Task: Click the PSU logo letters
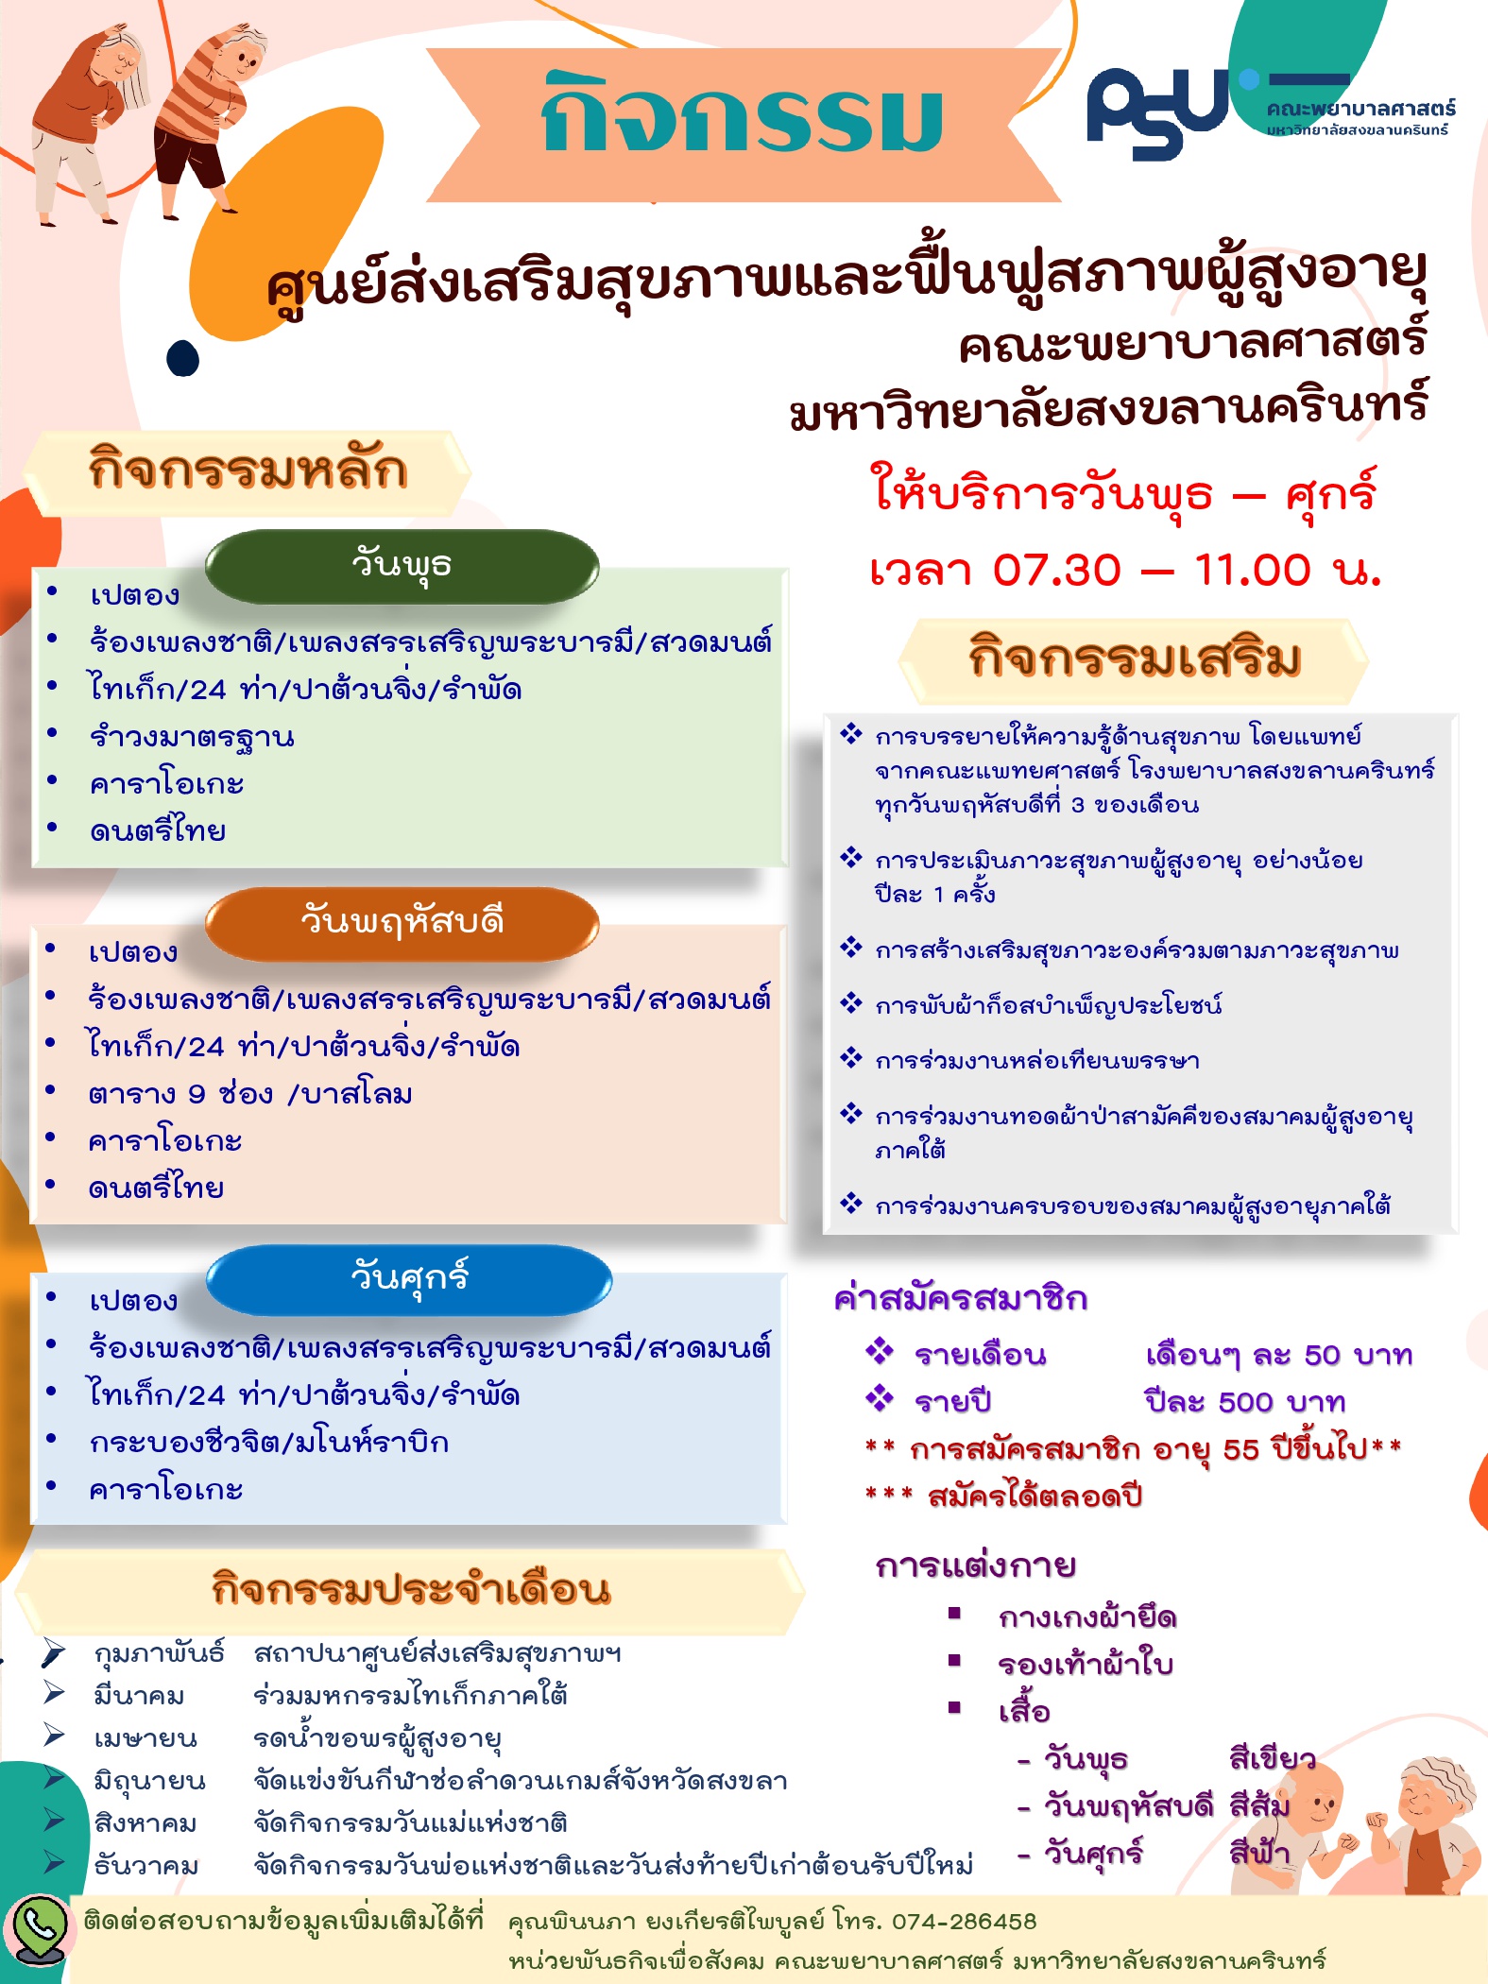[x=1157, y=113]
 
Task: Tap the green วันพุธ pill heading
[x=402, y=566]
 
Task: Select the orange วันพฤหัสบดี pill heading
[x=402, y=923]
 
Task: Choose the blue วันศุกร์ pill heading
[x=409, y=1280]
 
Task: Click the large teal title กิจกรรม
[x=743, y=115]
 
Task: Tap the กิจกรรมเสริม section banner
[x=1134, y=659]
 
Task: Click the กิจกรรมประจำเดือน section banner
[x=411, y=1590]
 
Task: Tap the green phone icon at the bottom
[x=38, y=1927]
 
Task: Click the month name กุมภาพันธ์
[x=159, y=1654]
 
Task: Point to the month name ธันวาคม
[x=146, y=1866]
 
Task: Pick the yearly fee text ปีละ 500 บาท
[x=1245, y=1401]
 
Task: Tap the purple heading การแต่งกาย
[x=976, y=1565]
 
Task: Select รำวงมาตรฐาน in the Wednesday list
[x=192, y=737]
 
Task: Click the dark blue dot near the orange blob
[x=183, y=359]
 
